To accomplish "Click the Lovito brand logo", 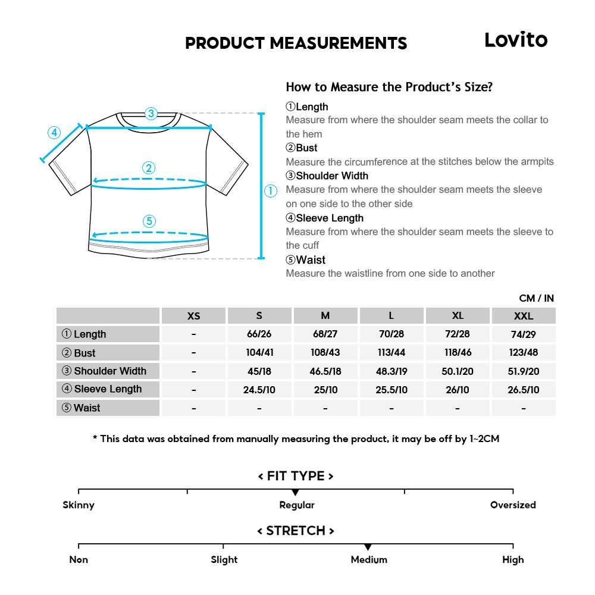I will (x=515, y=40).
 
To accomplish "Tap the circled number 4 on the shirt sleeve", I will (x=54, y=132).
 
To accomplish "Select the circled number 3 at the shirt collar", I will (x=151, y=113).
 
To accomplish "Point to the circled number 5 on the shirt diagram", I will (x=149, y=221).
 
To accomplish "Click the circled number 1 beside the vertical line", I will (x=271, y=190).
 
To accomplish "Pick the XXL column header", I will (x=523, y=316).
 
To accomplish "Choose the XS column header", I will (x=193, y=316).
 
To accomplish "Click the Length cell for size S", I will (x=259, y=334).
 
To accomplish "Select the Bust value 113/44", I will (x=392, y=353).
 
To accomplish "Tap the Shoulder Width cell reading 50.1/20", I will (x=458, y=371).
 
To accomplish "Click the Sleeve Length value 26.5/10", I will (x=523, y=390).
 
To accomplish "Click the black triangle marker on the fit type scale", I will (x=295, y=493).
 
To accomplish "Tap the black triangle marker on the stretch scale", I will (x=368, y=547).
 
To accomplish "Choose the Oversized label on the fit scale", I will (x=513, y=505).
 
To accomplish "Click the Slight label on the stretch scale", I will (x=224, y=560).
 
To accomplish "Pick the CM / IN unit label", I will (x=536, y=298).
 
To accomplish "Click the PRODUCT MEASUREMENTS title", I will (x=296, y=43).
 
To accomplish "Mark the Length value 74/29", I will (x=523, y=334).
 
